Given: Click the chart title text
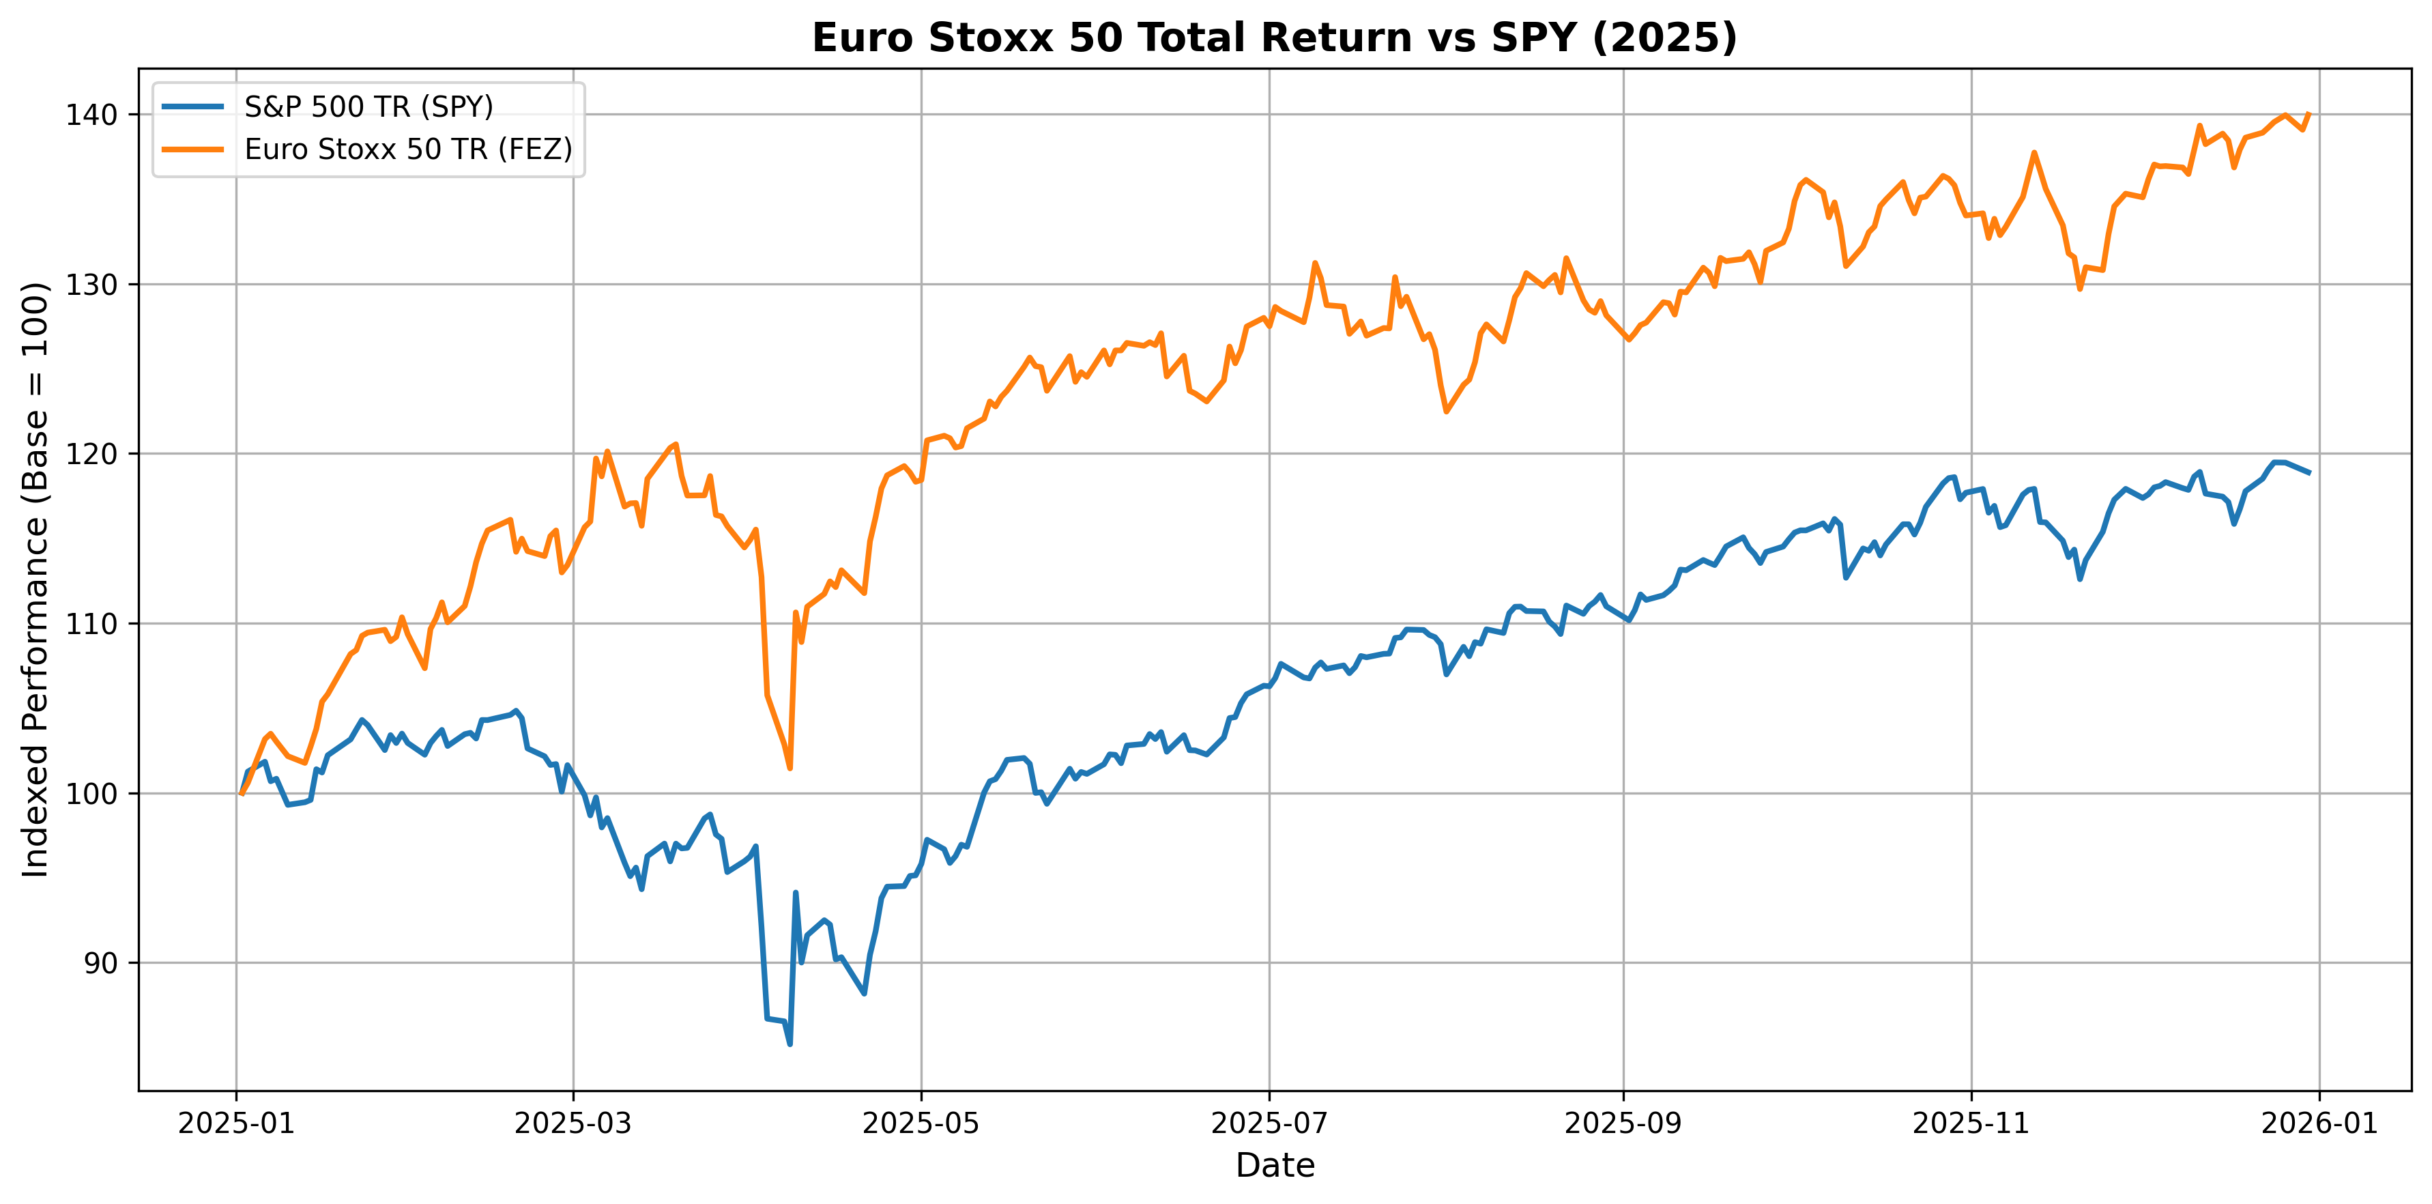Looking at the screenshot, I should (x=1275, y=38).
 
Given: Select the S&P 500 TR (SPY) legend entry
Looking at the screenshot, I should (x=368, y=106).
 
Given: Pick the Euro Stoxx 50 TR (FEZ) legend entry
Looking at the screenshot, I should (x=408, y=149).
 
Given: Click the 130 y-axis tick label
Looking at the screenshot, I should (x=91, y=284).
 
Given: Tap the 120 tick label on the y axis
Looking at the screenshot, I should (x=91, y=454).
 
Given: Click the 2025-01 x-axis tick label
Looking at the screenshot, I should (x=236, y=1123).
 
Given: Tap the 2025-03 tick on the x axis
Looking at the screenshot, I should (x=573, y=1123).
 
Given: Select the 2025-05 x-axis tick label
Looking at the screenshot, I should (x=921, y=1123).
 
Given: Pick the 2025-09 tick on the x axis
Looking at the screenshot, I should (x=1624, y=1123).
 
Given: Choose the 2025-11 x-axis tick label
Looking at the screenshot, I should (x=1971, y=1123).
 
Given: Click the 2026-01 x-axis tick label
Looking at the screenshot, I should (x=2319, y=1123).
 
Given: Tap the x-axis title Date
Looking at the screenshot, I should (x=1275, y=1165).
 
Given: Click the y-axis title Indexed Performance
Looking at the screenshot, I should (x=36, y=579).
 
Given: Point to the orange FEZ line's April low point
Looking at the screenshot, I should (x=790, y=769).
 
